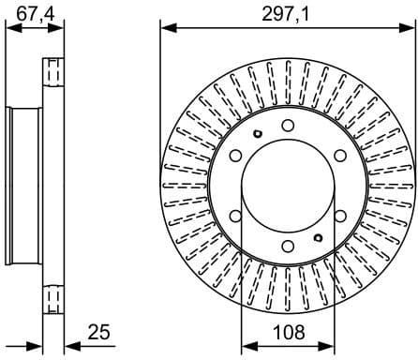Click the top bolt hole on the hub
(287, 126)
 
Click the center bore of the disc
(287, 187)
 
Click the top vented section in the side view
(53, 75)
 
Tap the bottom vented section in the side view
(53, 298)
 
